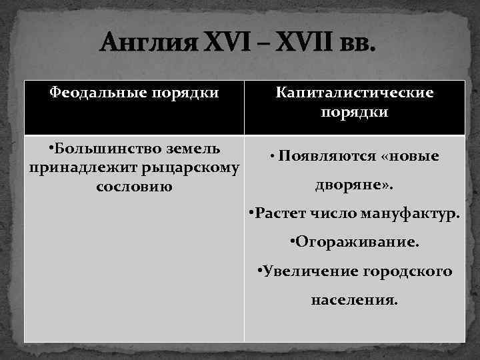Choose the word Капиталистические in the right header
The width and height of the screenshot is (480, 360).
355,93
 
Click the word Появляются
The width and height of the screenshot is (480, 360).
327,157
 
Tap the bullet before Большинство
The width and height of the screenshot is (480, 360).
53,148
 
